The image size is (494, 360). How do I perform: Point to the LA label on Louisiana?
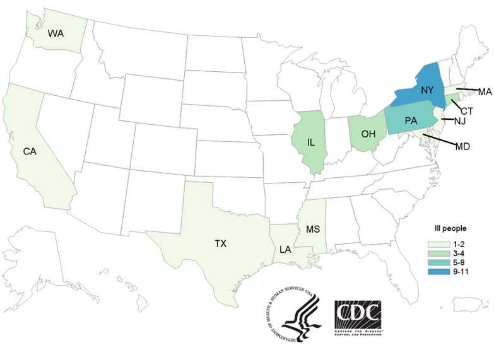(x=286, y=250)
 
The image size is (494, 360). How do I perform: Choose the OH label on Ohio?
(x=370, y=134)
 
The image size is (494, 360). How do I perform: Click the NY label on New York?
(x=427, y=90)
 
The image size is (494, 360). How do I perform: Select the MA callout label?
(x=484, y=92)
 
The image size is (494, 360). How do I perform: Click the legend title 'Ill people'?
(x=445, y=228)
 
